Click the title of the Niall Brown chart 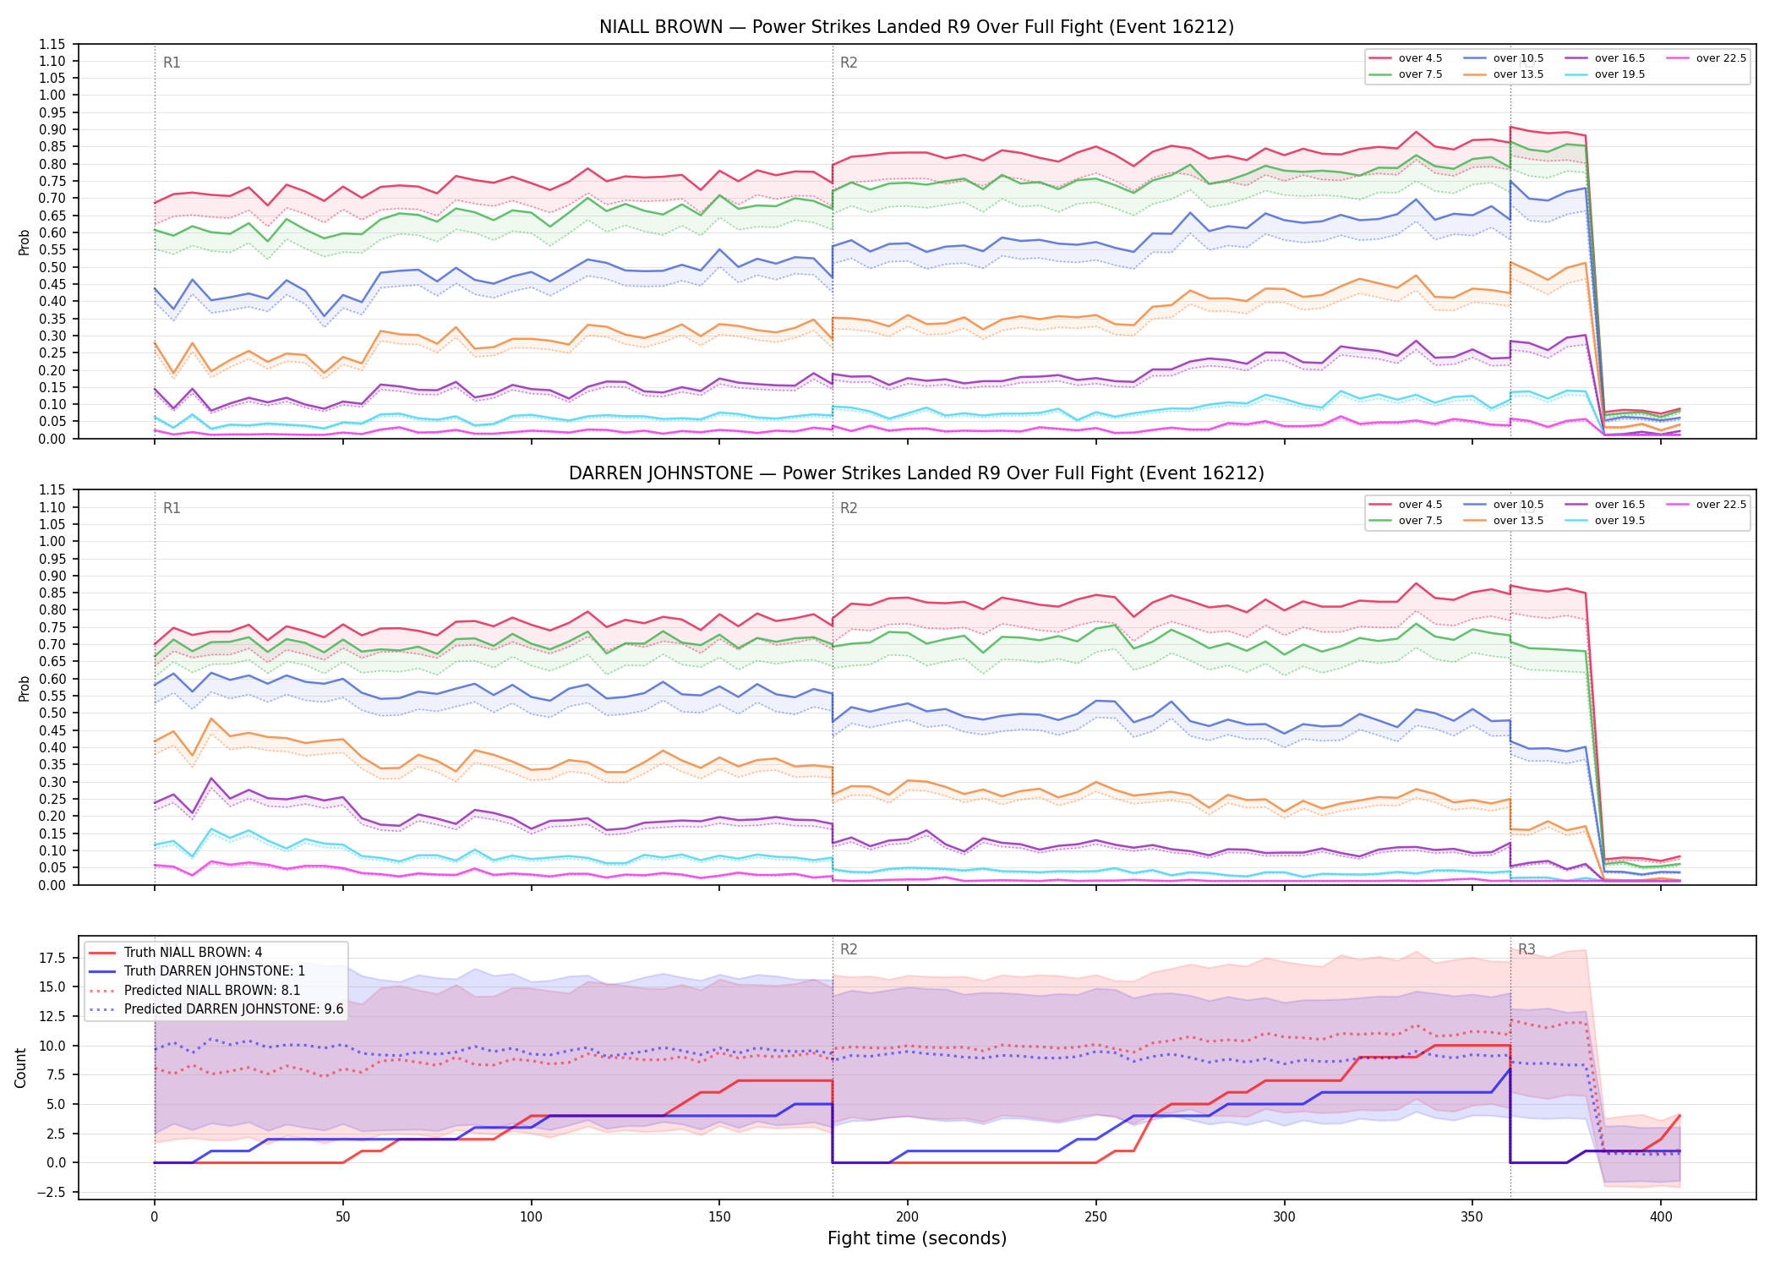point(916,27)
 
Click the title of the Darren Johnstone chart point(916,473)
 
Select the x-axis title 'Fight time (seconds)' point(917,1238)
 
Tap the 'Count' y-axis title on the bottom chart point(21,1068)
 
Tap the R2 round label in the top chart point(849,63)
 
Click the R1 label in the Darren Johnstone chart point(172,508)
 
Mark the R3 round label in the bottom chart point(1526,949)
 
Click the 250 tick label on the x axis point(1095,1217)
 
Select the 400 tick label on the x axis point(1661,1217)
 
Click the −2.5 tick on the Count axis point(52,1192)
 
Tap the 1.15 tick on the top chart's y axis point(52,44)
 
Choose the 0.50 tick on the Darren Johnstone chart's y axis point(52,713)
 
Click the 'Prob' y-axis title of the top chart point(25,243)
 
